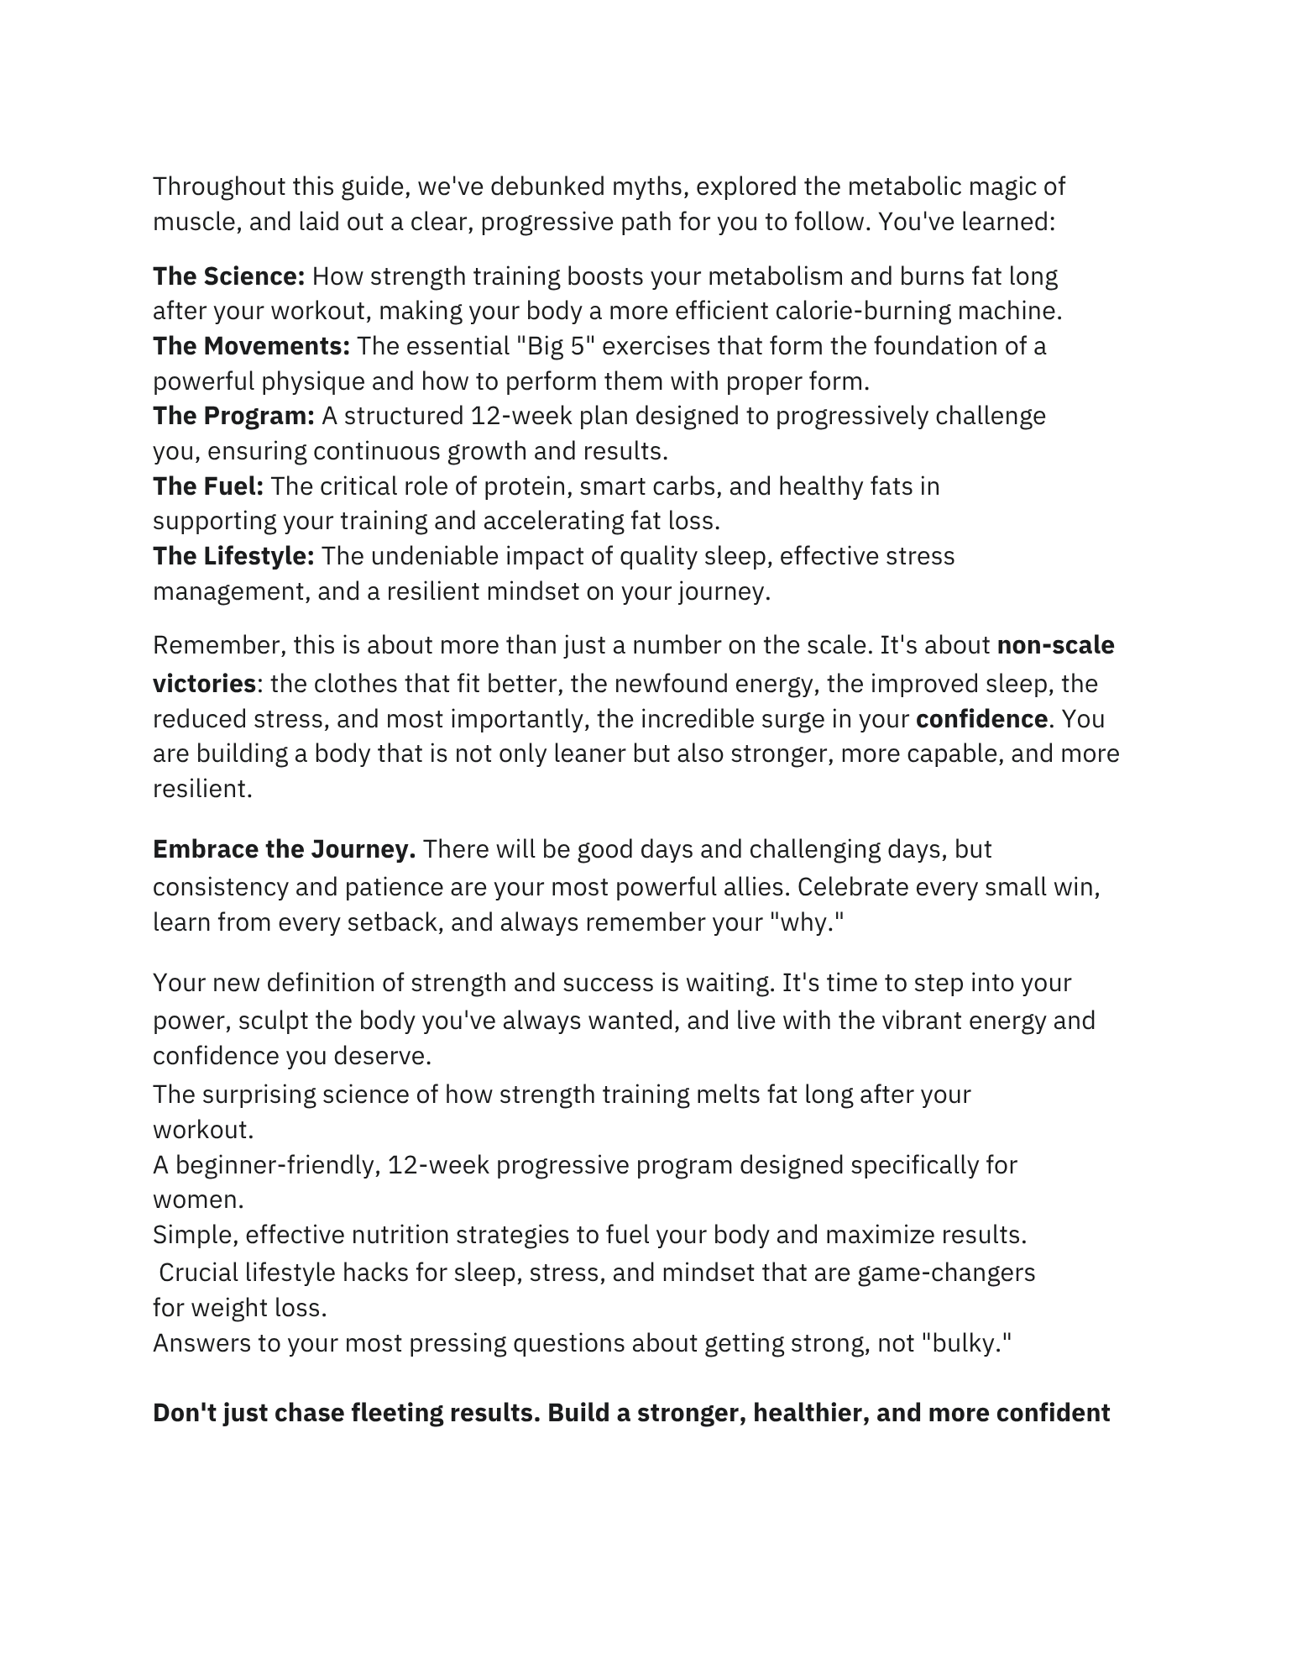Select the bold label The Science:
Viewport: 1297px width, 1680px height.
click(x=228, y=276)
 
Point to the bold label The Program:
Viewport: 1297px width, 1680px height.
click(x=233, y=416)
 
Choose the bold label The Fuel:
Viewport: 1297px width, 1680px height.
click(x=208, y=486)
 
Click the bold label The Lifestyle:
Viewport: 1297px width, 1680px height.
click(x=233, y=556)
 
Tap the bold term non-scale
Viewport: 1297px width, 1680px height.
click(x=1055, y=645)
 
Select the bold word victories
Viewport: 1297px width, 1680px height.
click(x=204, y=684)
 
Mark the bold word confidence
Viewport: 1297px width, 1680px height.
click(x=981, y=719)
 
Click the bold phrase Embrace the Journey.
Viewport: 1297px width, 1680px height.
click(x=284, y=849)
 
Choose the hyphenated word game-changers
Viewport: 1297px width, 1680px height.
click(x=946, y=1273)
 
